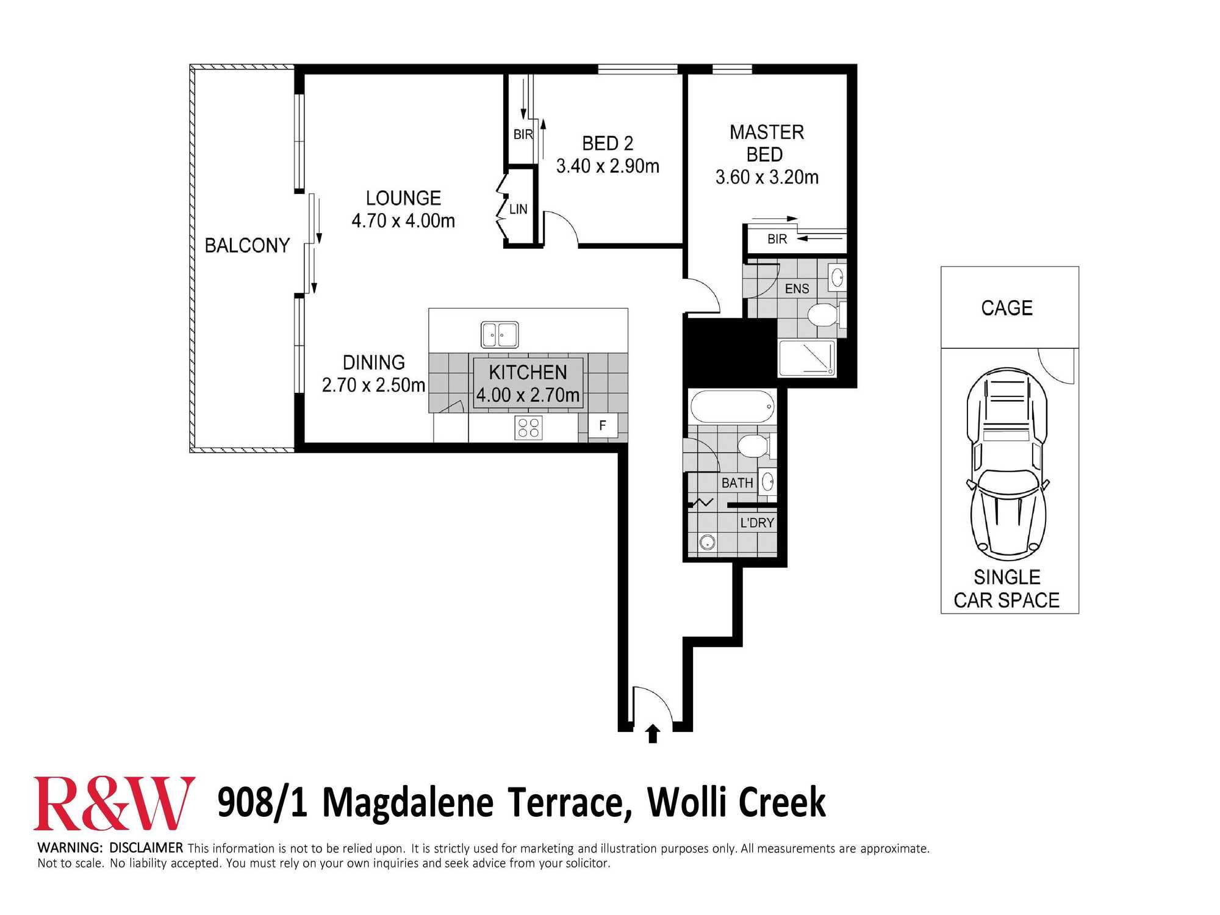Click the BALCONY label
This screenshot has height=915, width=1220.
tap(247, 245)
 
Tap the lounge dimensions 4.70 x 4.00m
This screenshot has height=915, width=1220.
tap(403, 220)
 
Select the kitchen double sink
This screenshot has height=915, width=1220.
tap(500, 335)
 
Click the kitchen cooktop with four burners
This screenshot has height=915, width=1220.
tap(528, 428)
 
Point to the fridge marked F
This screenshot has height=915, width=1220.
tap(603, 425)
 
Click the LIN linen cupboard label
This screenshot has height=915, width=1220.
tap(518, 209)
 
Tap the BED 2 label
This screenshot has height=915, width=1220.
tap(608, 143)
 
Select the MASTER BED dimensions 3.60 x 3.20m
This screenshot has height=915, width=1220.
tap(767, 177)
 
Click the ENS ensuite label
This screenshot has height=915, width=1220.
tap(797, 289)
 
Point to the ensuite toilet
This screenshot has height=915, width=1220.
tap(827, 315)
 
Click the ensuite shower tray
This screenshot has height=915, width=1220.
tap(807, 359)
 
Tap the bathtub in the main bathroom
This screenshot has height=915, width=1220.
tap(733, 406)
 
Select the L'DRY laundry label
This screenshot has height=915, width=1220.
tap(757, 523)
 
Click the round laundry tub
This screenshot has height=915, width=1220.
tap(708, 542)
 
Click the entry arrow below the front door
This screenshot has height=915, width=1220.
tap(653, 733)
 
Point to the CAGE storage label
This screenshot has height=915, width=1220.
tap(1007, 307)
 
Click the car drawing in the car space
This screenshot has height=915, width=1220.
tap(1007, 464)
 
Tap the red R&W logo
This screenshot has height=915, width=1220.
tap(114, 803)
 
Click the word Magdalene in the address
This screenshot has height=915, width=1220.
tap(407, 802)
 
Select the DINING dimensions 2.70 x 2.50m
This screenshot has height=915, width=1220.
tap(373, 385)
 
